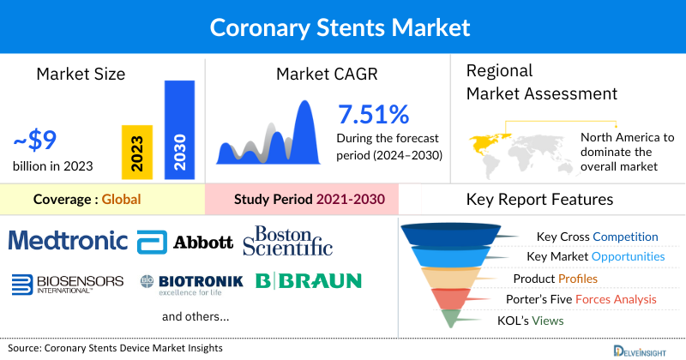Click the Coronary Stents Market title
pyautogui.click(x=340, y=27)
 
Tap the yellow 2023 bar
pyautogui.click(x=137, y=152)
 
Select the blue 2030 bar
pyautogui.click(x=179, y=129)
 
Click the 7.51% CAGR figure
pyautogui.click(x=373, y=115)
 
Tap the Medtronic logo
pyautogui.click(x=69, y=239)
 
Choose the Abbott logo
pyautogui.click(x=186, y=241)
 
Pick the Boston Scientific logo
pyautogui.click(x=287, y=240)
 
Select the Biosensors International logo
pyautogui.click(x=68, y=282)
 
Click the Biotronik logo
pyautogui.click(x=191, y=282)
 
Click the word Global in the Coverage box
pyautogui.click(x=121, y=200)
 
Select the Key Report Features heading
pyautogui.click(x=539, y=200)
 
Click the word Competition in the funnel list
pyautogui.click(x=624, y=237)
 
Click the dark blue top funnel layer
pyautogui.click(x=455, y=233)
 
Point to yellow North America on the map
pyautogui.click(x=485, y=141)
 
